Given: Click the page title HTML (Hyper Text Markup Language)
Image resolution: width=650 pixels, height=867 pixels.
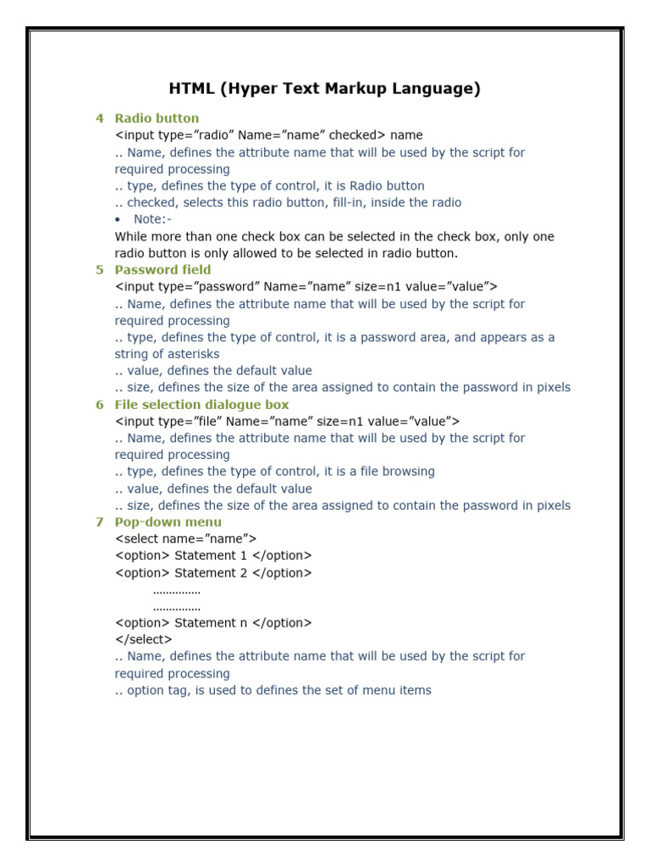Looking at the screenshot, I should [325, 89].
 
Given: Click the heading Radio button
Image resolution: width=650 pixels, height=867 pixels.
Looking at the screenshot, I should [157, 119].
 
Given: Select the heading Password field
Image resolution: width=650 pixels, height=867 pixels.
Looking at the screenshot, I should [162, 270].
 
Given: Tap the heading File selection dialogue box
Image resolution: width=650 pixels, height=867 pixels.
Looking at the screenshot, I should [201, 405].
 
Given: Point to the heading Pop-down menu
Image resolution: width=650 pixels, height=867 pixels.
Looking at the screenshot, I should [168, 522].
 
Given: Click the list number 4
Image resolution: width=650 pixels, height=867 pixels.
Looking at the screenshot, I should [100, 119].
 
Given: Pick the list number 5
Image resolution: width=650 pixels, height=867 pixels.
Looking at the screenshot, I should [100, 270].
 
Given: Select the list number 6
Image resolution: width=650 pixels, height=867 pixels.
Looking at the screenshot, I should [100, 405].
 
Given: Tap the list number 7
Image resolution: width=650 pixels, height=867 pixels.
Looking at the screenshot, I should [100, 522].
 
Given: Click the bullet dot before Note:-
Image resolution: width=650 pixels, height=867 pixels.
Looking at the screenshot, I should [118, 220].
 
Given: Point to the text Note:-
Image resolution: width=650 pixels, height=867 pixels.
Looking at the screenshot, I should [152, 220].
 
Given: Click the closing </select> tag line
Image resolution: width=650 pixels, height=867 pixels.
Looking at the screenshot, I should [143, 640].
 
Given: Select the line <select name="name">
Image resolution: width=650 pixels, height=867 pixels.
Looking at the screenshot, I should [185, 538].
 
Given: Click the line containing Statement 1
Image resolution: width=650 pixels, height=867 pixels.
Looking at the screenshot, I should [213, 555].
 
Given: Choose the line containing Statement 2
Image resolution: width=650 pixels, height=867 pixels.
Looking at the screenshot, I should [213, 573].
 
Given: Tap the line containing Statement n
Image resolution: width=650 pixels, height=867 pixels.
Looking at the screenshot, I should [213, 623].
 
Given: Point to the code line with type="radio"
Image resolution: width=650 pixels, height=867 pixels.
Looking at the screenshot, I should [268, 135].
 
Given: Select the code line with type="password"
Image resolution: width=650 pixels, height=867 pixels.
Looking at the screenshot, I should [306, 287].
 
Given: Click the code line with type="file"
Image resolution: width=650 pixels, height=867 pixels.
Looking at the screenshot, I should [287, 422].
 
